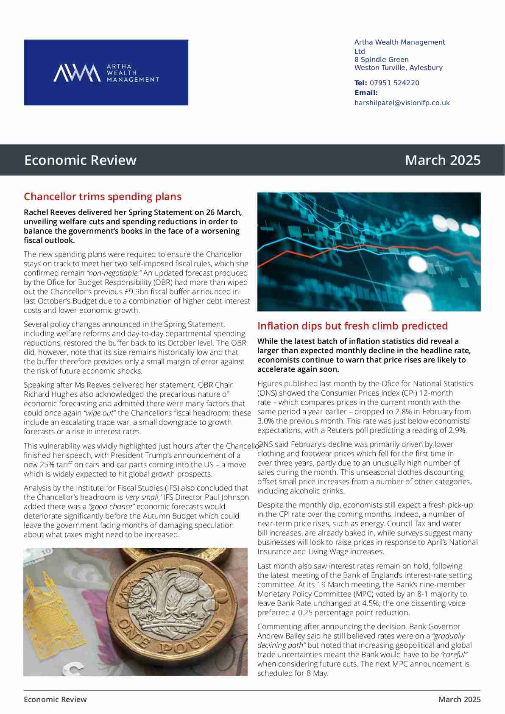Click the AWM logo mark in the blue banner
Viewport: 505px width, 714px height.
[77, 73]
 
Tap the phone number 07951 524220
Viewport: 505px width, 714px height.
[394, 83]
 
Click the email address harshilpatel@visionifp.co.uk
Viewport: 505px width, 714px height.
[402, 103]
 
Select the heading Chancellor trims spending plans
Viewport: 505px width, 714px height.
[103, 196]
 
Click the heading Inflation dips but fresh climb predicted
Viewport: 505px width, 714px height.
[352, 326]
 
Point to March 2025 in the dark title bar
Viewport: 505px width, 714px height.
[443, 160]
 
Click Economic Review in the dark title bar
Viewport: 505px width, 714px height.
[81, 160]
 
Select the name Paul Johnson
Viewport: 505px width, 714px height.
[228, 497]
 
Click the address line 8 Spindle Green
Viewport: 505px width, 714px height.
[382, 59]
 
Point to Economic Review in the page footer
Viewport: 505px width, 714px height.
[55, 699]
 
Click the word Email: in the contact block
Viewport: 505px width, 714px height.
[366, 92]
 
